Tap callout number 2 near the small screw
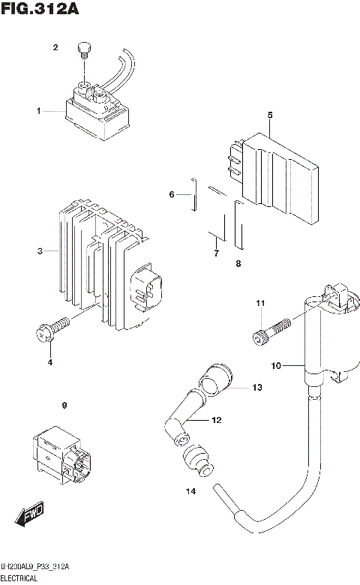pyautogui.click(x=55, y=49)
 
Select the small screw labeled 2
pyautogui.click(x=84, y=52)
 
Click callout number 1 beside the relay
pyautogui.click(x=38, y=111)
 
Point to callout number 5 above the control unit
pyautogui.click(x=269, y=115)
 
